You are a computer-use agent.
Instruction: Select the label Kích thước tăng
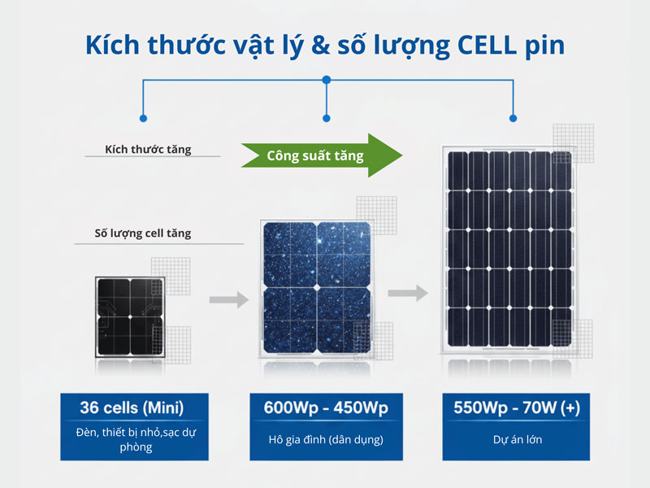tap(148, 150)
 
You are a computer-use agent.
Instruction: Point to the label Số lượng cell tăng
tap(143, 233)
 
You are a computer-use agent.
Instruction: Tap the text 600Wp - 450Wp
tap(325, 407)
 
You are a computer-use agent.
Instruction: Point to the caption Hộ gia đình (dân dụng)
tap(325, 441)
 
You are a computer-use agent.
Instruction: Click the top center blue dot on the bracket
tap(326, 80)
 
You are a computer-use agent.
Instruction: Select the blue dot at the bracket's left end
tap(144, 118)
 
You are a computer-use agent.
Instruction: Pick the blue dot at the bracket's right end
tap(513, 118)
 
